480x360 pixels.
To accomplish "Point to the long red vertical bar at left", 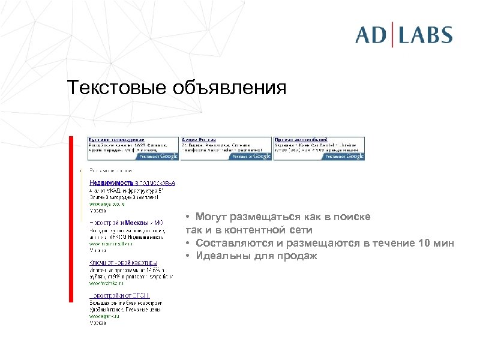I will [71, 219].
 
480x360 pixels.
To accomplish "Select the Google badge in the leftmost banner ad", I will [158, 156].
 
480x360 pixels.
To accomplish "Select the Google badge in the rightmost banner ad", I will [344, 156].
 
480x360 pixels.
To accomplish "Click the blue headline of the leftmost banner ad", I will [116, 139].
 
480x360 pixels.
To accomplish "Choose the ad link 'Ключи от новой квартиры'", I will [124, 263].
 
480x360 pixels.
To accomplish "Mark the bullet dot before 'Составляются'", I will [188, 244].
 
